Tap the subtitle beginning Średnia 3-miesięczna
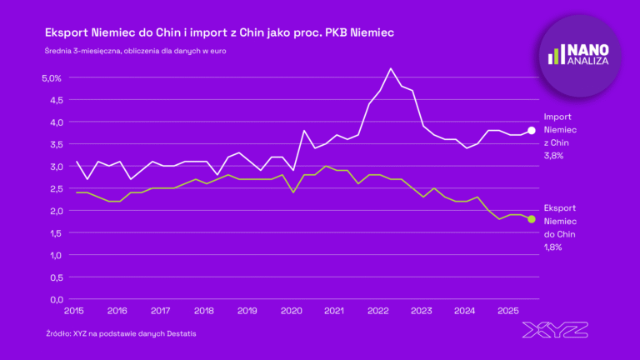click(136, 51)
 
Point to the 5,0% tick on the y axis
click(52, 77)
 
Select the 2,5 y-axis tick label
click(53, 188)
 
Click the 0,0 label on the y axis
click(53, 299)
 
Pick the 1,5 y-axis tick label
click(53, 232)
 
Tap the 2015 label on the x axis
click(73, 311)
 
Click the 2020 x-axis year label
click(291, 311)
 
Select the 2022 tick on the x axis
click(377, 311)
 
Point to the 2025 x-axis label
click(507, 311)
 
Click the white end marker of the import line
click(532, 130)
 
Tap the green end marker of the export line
click(532, 219)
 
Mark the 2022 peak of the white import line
click(391, 68)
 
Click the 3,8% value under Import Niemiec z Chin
click(553, 157)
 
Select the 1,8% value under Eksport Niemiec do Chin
click(553, 247)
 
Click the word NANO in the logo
click(589, 47)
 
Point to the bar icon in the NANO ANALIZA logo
click(557, 55)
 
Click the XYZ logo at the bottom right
click(556, 330)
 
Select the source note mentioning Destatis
click(121, 333)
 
